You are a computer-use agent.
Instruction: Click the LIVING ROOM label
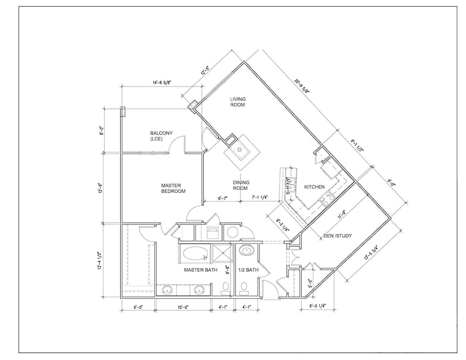[x=238, y=102]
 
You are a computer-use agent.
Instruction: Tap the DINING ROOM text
[x=240, y=185]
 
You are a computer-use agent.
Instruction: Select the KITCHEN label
[x=315, y=187]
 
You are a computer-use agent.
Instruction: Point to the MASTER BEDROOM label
[x=173, y=188]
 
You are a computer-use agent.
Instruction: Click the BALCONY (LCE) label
[x=161, y=136]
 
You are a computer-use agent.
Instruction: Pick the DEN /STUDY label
[x=337, y=236]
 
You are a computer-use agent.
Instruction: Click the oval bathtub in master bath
[x=195, y=253]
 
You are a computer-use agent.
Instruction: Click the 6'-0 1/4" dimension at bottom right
[x=317, y=306]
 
